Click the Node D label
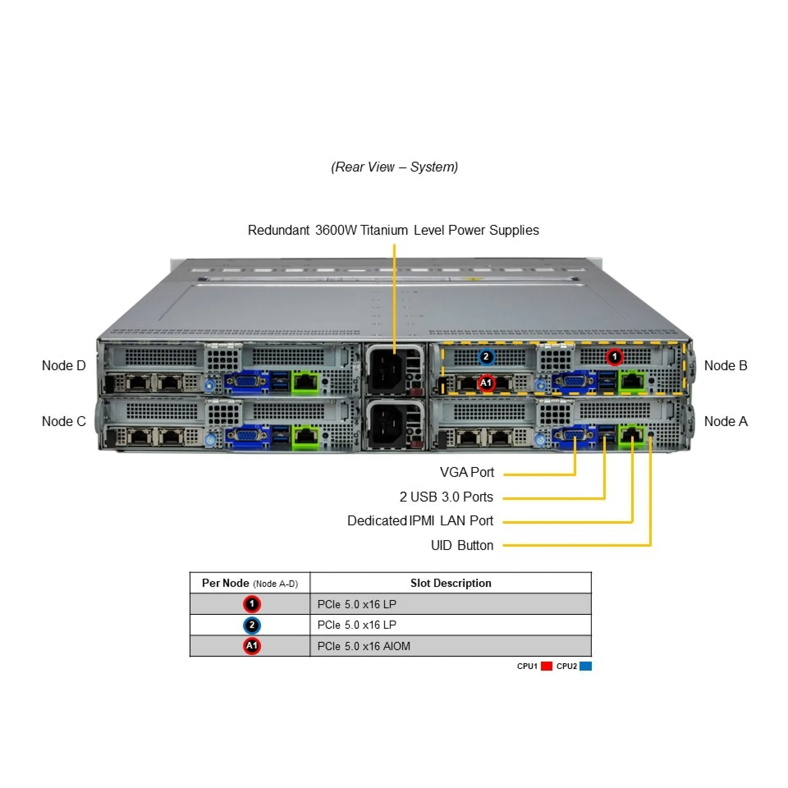coord(64,366)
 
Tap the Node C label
coord(64,421)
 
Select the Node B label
coord(725,366)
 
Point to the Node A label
coord(726,421)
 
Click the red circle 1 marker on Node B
coord(614,357)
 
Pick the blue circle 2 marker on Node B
coord(486,357)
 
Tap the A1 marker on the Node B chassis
coord(486,383)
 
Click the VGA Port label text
coord(467,472)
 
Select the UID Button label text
coord(462,545)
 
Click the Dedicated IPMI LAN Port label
coord(420,521)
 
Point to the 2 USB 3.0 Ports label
coord(446,497)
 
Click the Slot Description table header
coord(451,583)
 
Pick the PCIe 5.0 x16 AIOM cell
coord(364,646)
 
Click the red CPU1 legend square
coord(546,666)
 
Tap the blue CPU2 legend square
coord(586,666)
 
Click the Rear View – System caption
coord(394,167)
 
